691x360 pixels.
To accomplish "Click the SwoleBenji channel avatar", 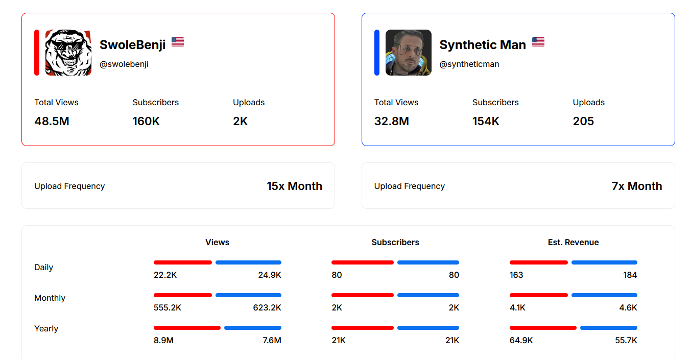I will point(68,53).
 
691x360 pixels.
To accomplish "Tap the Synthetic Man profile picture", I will point(408,53).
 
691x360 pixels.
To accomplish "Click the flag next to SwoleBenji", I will point(178,42).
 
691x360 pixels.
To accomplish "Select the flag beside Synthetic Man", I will point(538,42).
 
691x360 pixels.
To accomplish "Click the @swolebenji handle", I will point(124,64).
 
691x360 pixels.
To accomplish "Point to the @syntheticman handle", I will point(469,64).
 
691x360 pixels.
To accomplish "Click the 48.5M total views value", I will point(52,122).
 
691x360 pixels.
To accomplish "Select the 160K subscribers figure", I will point(146,122).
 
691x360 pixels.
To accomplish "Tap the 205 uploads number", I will point(583,122).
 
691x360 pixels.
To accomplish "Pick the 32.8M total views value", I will point(392,122).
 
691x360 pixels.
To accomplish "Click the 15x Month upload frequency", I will point(294,186).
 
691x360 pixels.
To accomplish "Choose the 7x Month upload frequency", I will point(637,186).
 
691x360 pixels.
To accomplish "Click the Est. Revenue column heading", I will point(573,243).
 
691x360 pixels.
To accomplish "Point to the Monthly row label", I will point(50,298).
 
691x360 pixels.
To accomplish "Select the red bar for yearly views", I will point(187,328).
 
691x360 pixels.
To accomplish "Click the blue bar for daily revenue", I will point(604,262).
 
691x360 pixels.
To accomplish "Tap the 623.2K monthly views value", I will point(267,308).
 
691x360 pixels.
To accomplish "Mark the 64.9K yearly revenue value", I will point(521,341).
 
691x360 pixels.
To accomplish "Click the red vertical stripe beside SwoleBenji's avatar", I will point(37,53).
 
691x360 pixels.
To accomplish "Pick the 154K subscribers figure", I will point(486,122).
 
